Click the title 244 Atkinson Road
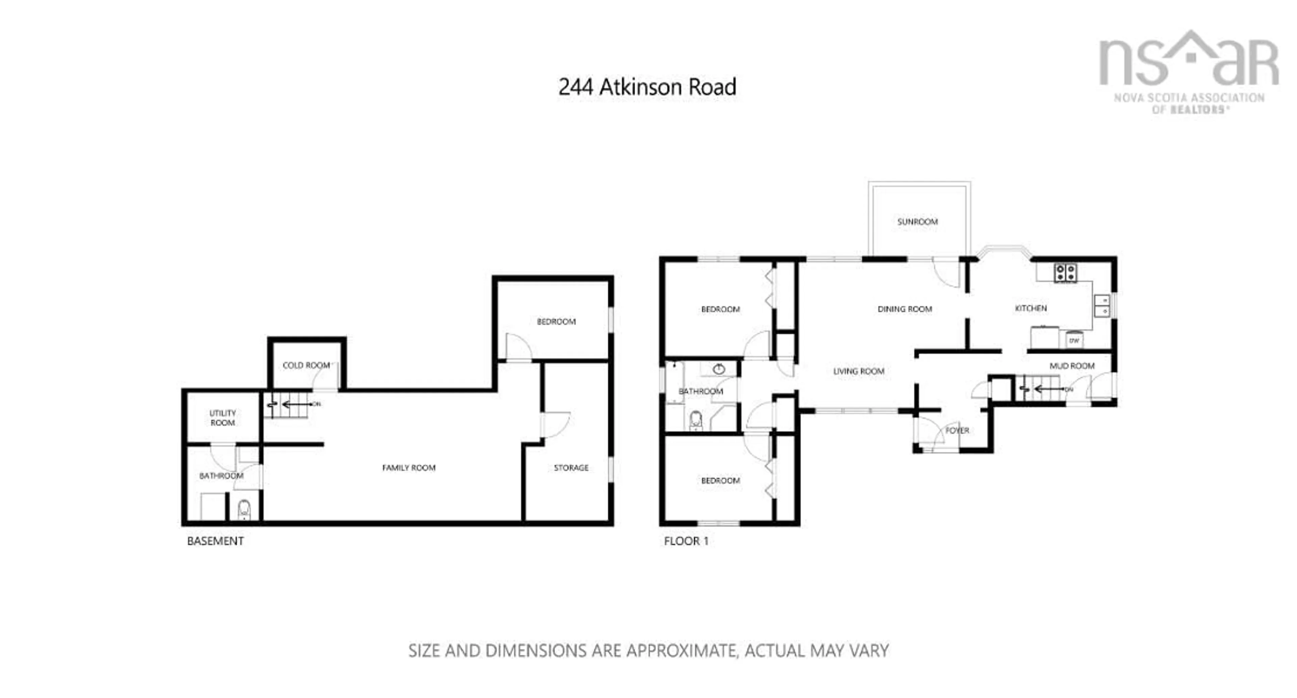point(647,87)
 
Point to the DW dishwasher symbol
point(1074,341)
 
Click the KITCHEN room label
point(1031,308)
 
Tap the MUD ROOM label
point(1071,366)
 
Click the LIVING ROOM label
point(859,371)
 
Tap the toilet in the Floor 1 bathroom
point(696,420)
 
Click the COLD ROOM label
point(306,365)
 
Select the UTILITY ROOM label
point(223,418)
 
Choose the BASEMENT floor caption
point(215,541)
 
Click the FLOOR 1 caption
point(686,541)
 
